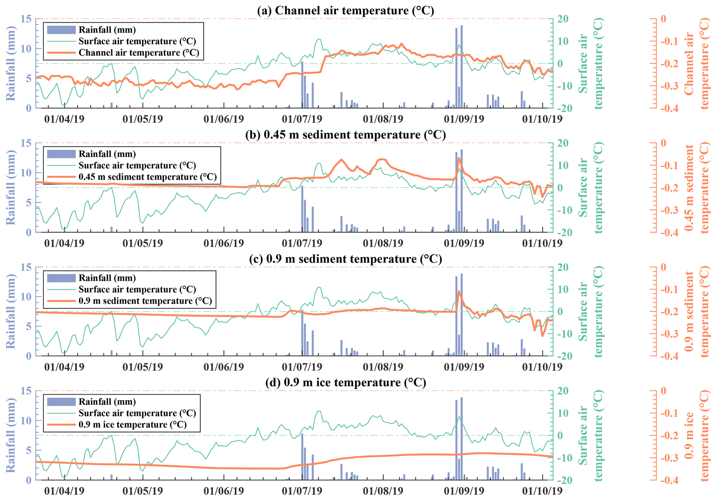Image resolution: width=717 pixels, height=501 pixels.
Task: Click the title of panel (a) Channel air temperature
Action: pos(345,10)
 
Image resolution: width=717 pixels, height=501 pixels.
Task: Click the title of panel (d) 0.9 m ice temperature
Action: pos(345,382)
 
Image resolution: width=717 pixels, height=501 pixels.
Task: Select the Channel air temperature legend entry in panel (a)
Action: pos(139,53)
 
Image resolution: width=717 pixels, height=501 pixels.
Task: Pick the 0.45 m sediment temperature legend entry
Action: pos(147,177)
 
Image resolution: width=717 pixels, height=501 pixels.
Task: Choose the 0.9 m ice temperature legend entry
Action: pos(133,425)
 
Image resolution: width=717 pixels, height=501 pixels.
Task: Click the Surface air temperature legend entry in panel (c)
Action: pos(137,289)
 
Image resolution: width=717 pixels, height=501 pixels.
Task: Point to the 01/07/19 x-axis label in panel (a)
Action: pos(302,119)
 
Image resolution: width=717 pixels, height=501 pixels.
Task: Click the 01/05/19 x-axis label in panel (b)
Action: pos(143,243)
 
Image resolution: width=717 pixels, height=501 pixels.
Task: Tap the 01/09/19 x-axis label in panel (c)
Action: pos(464,367)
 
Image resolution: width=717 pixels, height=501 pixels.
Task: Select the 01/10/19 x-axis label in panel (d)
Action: pos(543,491)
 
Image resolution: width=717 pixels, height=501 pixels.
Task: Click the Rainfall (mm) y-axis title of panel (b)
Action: pos(11,187)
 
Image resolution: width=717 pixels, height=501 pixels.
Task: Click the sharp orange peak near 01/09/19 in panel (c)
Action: pos(459,291)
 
